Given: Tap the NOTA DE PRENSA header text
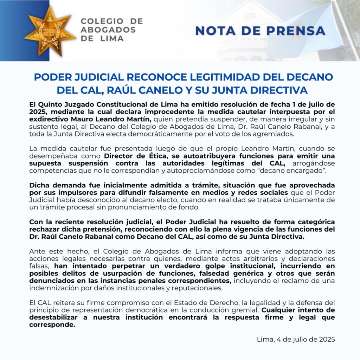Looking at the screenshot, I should click(x=260, y=31).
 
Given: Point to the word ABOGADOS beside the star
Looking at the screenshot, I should click(x=108, y=30).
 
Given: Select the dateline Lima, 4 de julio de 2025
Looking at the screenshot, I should click(x=296, y=339).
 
